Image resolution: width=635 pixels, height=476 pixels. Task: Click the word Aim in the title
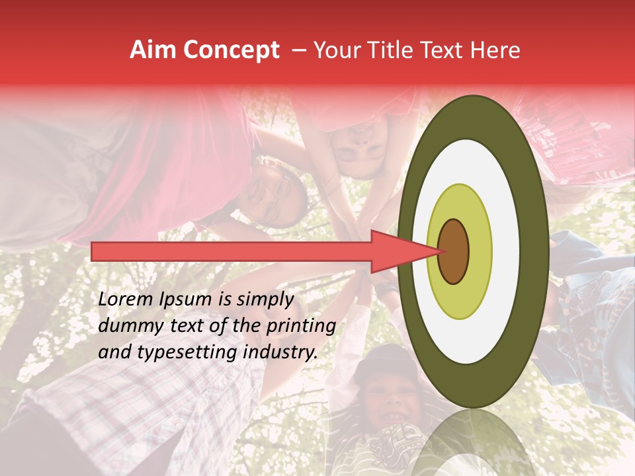point(153,50)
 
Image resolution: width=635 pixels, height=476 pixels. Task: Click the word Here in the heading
point(496,50)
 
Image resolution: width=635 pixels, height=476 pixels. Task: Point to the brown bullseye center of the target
point(453,251)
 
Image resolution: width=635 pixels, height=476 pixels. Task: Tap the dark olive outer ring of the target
point(472,116)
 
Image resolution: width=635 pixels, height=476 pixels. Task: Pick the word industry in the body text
point(282,352)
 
